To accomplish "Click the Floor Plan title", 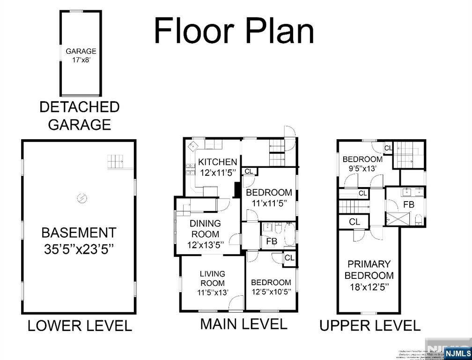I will pos(234,30).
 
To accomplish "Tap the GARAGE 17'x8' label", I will pos(81,55).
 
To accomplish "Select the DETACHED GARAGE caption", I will pos(79,115).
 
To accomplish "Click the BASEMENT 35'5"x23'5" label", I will pos(79,240).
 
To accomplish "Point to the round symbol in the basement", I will pos(81,198).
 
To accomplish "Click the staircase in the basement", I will pos(117,162).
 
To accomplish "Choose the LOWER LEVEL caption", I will pos(79,325).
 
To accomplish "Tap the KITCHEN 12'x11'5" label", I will pos(217,167).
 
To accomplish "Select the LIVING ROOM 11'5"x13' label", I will pos(212,283).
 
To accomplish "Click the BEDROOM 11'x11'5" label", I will pos(269,197).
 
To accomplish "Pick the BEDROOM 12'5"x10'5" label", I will pos(271,287).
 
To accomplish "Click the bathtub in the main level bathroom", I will pos(290,234).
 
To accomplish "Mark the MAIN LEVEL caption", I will pos(243,324).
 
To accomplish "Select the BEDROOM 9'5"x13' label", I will pos(362,164).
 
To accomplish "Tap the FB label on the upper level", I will pos(408,205).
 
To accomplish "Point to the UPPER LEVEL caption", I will pos(369,325).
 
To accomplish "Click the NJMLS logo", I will pos(457,353).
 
